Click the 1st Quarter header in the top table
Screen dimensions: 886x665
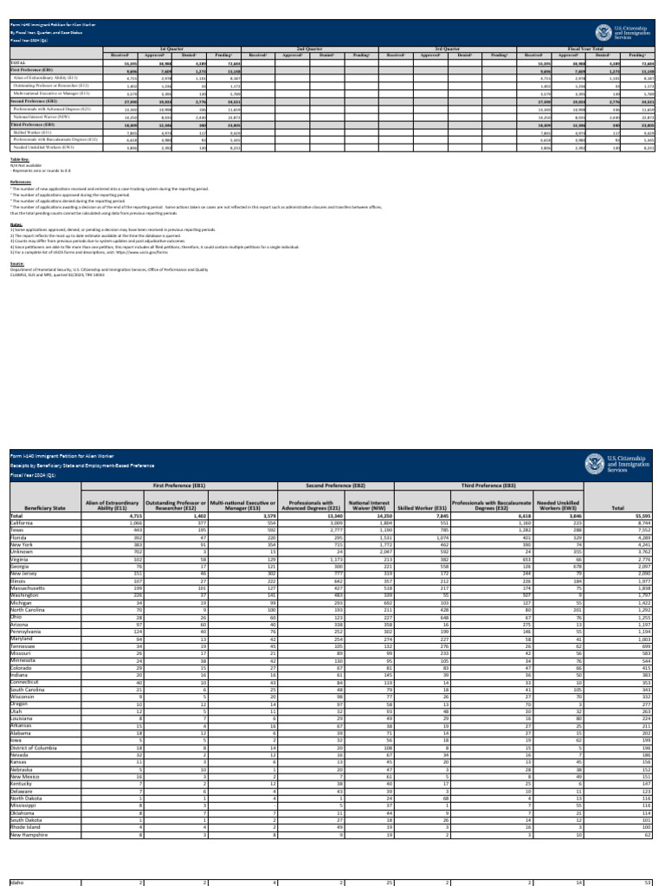(171, 50)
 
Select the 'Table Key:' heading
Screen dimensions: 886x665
(19, 160)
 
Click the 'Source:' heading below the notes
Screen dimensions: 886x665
(16, 264)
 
